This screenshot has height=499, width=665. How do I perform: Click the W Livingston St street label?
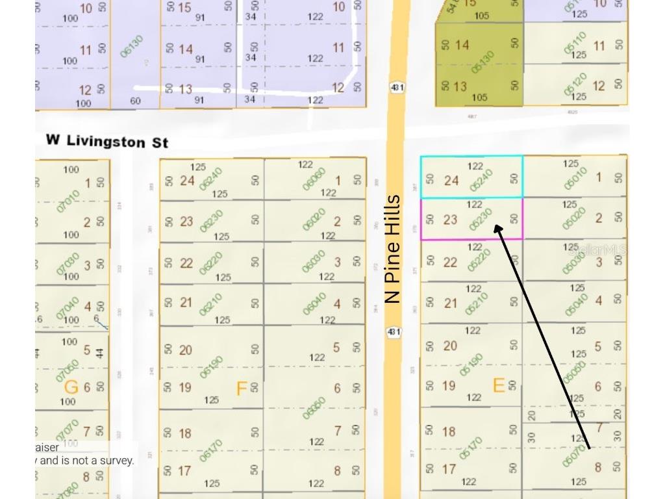(107, 140)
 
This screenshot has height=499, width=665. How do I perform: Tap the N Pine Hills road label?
(392, 249)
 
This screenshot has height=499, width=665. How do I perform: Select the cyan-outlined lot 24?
(471, 177)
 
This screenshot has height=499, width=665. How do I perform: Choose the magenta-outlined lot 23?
(471, 219)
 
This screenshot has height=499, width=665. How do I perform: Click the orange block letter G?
(71, 387)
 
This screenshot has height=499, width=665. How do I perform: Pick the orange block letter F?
(242, 389)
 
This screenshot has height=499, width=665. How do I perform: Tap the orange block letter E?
(498, 386)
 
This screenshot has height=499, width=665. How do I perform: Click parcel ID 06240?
(210, 179)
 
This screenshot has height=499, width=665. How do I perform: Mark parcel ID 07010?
(68, 201)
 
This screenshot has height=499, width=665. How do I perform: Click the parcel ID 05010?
(575, 179)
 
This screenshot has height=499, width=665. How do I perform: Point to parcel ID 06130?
(131, 47)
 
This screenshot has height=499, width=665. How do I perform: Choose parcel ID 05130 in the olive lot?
(483, 62)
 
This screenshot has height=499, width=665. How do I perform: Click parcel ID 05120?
(575, 84)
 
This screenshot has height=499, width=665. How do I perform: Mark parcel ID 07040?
(68, 307)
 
